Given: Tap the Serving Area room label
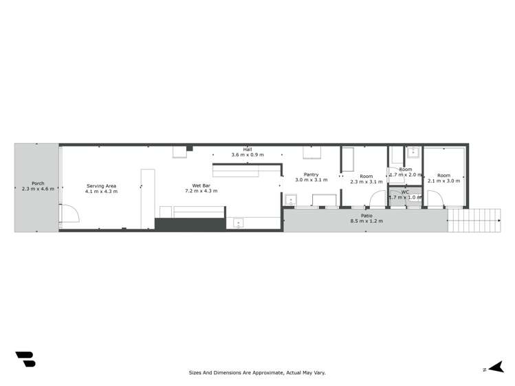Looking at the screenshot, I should pyautogui.click(x=101, y=185).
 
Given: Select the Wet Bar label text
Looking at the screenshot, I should pyautogui.click(x=201, y=185).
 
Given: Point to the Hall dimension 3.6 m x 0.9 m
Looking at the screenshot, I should pyautogui.click(x=247, y=155).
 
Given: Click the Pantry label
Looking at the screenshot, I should pyautogui.click(x=311, y=174).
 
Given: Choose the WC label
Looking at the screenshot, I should pyautogui.click(x=405, y=192).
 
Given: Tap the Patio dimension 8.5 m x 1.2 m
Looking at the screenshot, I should pyautogui.click(x=366, y=221).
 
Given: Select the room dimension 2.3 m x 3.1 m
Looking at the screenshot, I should pyautogui.click(x=365, y=181).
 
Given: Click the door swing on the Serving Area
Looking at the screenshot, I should pyautogui.click(x=69, y=214).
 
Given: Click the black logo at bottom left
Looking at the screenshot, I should pyautogui.click(x=25, y=359).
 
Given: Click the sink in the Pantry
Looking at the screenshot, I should pyautogui.click(x=292, y=201).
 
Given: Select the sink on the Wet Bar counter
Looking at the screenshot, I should pyautogui.click(x=239, y=223).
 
